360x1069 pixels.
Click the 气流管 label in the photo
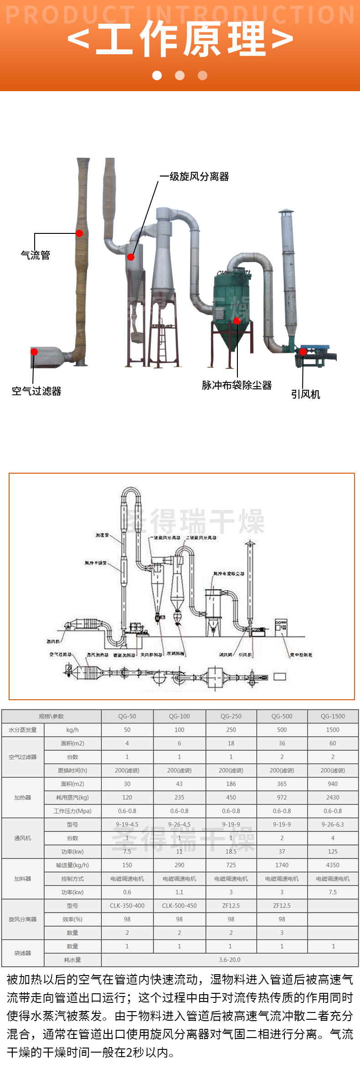[x=36, y=255]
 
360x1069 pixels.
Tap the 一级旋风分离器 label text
[x=194, y=176]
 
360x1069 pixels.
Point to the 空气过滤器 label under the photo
[x=36, y=391]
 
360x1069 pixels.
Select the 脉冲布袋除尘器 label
[x=237, y=385]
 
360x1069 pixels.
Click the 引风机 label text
[x=305, y=394]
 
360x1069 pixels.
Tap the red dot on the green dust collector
[x=237, y=321]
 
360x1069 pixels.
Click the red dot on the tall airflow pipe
[x=79, y=233]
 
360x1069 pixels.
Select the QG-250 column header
[x=231, y=716]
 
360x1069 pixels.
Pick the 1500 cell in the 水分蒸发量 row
[x=333, y=730]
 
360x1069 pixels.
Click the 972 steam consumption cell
[x=282, y=797]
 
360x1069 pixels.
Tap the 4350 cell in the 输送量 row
[x=333, y=865]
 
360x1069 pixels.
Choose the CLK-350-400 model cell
[x=127, y=905]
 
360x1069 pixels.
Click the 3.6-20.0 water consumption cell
[x=230, y=960]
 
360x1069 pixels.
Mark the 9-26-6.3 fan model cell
[x=333, y=824]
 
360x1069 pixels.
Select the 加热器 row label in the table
[x=22, y=797]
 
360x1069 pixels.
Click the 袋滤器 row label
[x=22, y=953]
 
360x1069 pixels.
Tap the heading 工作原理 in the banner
[x=180, y=39]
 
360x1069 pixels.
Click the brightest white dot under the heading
[x=157, y=75]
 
